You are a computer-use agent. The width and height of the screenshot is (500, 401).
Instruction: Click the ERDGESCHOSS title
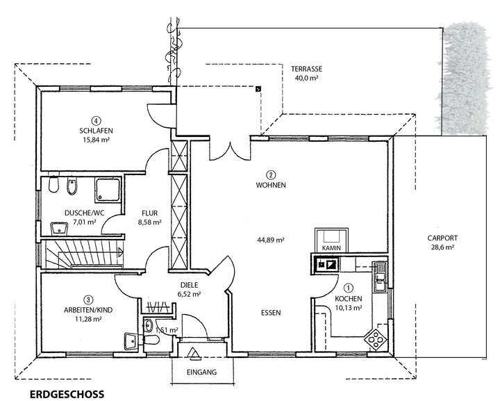tap(67, 394)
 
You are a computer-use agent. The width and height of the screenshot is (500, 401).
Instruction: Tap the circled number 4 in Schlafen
tap(96, 121)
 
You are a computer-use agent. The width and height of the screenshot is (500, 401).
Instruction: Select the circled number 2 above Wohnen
tap(271, 175)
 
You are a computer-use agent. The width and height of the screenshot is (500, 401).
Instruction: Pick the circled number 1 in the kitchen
tap(349, 288)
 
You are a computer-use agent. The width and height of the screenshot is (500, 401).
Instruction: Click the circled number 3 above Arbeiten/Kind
tap(88, 300)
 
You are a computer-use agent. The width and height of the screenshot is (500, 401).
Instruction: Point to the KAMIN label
tap(331, 248)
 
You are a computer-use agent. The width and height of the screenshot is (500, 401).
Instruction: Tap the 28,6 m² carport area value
tap(442, 247)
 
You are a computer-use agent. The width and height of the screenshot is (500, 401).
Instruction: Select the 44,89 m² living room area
tap(271, 240)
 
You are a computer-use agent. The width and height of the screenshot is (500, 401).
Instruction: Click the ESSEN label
tap(271, 313)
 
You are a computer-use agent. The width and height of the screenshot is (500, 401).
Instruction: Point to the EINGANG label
tap(201, 372)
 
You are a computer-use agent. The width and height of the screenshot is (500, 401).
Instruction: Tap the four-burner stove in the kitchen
tap(375, 339)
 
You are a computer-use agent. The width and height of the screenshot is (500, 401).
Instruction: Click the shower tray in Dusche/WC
tap(108, 190)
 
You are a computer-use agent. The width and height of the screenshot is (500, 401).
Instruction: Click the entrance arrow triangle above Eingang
tap(193, 353)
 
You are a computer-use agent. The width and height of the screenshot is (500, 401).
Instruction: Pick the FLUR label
tap(150, 213)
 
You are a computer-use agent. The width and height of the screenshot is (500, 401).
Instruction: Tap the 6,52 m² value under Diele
tap(189, 294)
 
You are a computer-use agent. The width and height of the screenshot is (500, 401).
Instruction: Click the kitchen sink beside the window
tap(381, 277)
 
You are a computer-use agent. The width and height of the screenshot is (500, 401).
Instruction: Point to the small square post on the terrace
tap(258, 89)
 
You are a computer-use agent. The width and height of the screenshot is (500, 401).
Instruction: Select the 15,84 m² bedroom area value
tap(96, 140)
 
